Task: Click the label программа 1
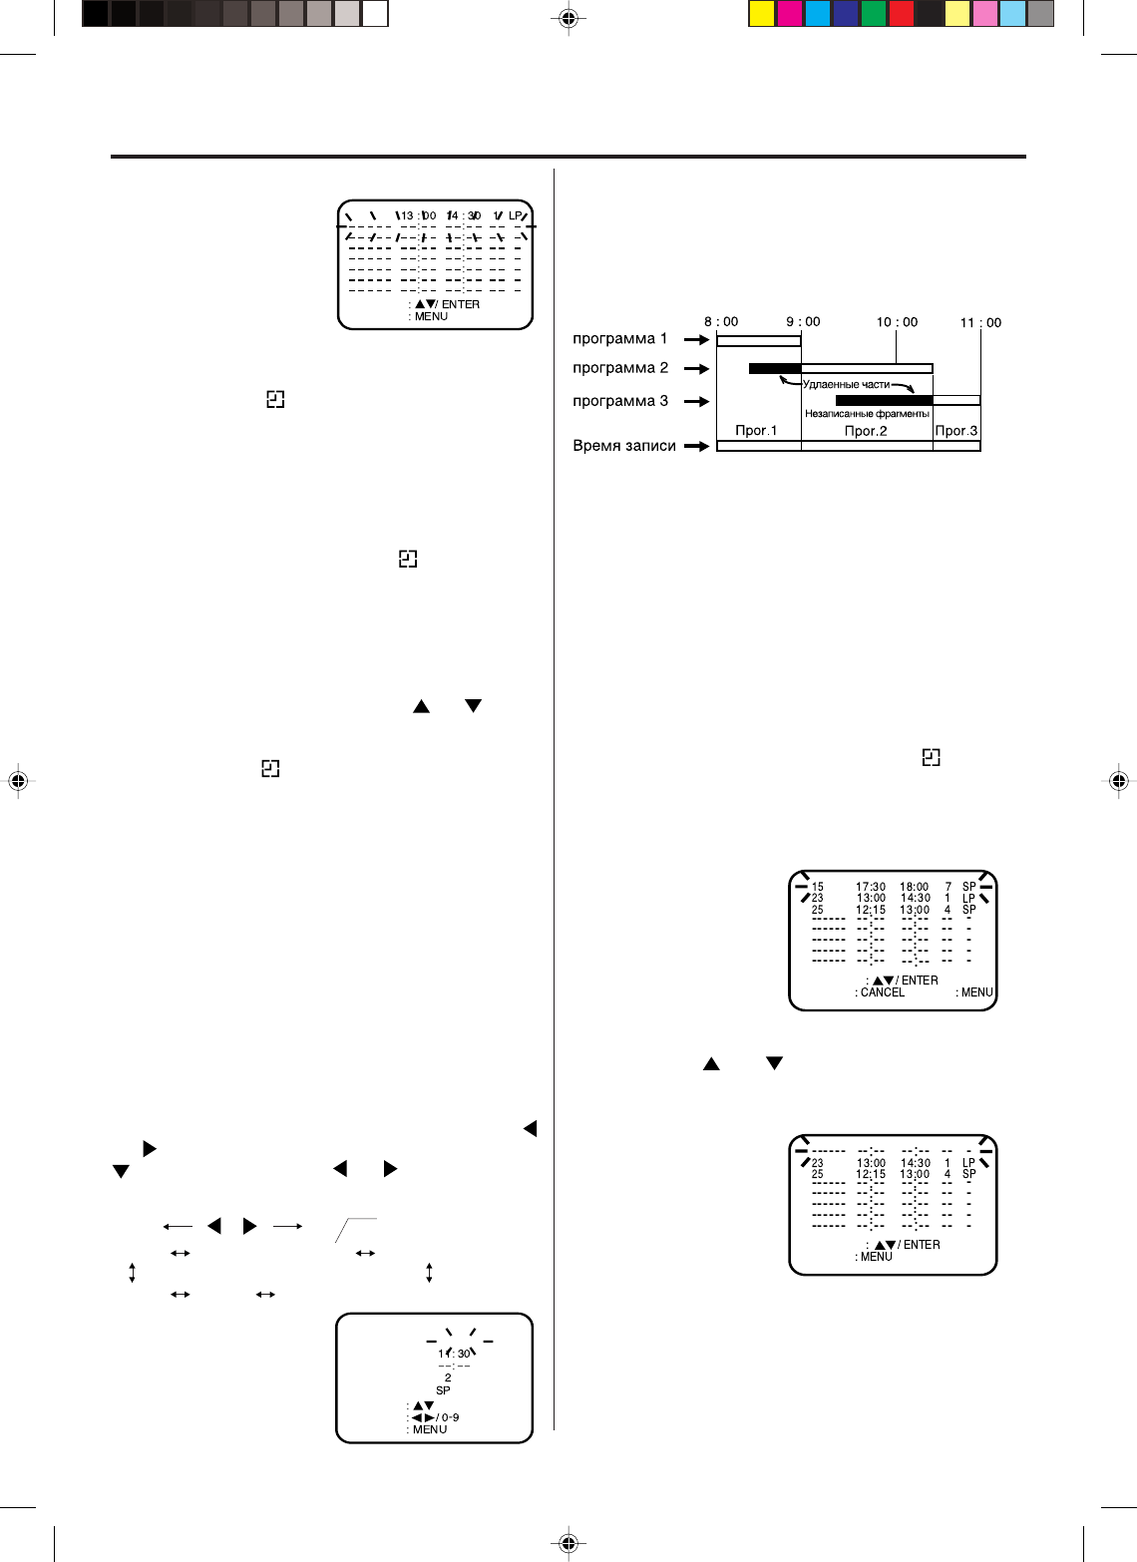coord(619,339)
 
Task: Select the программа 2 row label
coord(619,368)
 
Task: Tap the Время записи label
coord(623,446)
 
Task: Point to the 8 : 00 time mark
coord(721,321)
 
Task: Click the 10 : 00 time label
coord(897,322)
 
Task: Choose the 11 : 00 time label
coord(980,322)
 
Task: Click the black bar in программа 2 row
coord(775,369)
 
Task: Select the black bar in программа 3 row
coord(884,401)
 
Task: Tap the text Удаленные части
coord(846,384)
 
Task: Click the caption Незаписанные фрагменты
coord(867,413)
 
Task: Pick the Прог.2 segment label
coord(866,431)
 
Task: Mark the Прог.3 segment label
coord(956,431)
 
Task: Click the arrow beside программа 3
coord(696,402)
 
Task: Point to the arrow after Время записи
coord(696,446)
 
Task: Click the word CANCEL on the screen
coord(883,992)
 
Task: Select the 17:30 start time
coord(871,887)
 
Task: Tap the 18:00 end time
coord(915,887)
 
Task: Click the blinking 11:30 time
coord(454,1354)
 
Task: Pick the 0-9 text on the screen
coord(450,1417)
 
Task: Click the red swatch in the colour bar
coord(901,14)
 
